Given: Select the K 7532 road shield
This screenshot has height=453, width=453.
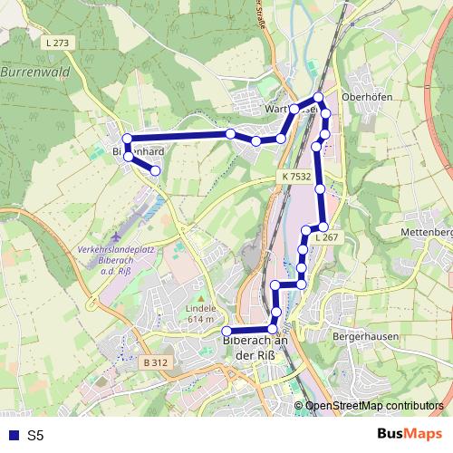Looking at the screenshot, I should click(x=295, y=177).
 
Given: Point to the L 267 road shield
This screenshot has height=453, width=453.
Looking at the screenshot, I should click(x=327, y=236).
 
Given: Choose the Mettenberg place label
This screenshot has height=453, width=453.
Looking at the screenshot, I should click(x=426, y=233).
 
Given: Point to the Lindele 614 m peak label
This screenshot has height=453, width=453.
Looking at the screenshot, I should click(x=201, y=313).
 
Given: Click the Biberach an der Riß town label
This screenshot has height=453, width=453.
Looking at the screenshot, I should click(x=255, y=348).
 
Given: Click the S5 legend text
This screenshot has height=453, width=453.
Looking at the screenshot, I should click(x=35, y=435).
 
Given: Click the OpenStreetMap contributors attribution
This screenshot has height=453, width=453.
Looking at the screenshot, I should click(x=374, y=406).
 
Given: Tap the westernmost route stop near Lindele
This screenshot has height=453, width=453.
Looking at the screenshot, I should click(x=226, y=330).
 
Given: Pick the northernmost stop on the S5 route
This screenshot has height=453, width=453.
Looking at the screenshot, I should click(x=318, y=98).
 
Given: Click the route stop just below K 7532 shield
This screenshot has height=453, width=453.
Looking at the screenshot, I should click(x=321, y=188).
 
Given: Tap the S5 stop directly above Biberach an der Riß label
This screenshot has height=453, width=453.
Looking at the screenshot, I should click(x=273, y=328).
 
